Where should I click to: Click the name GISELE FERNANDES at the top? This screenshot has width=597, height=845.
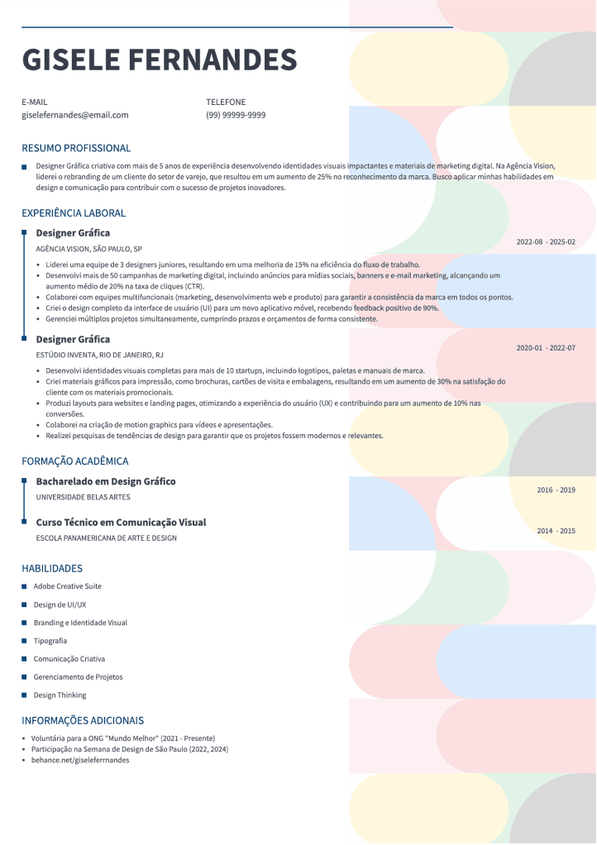(159, 60)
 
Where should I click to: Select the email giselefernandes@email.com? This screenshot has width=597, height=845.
(75, 116)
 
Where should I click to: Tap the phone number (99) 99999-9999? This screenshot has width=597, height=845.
(236, 116)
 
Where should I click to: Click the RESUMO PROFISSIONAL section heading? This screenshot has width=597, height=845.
(76, 149)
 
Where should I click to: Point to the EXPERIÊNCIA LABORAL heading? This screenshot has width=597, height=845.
(74, 213)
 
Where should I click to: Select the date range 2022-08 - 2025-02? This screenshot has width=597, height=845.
(545, 242)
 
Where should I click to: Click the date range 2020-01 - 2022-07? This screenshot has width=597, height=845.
(545, 348)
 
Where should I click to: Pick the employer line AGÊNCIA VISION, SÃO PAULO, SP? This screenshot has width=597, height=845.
(89, 249)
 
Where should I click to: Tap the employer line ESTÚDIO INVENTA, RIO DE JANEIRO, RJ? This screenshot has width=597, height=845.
(99, 355)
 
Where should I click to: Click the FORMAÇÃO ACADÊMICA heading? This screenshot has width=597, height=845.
(75, 461)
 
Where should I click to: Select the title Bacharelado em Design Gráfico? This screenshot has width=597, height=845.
(106, 481)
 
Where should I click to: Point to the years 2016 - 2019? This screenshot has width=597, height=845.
(556, 490)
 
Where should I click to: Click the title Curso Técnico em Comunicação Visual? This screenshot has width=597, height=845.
(121, 523)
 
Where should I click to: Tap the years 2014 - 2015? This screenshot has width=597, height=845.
(556, 531)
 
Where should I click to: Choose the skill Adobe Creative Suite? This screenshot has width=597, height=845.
(68, 586)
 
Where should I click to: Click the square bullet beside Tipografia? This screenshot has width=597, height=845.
(25, 641)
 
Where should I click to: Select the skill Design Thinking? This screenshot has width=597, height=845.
(60, 695)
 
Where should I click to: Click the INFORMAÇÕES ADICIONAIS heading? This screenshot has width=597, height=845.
(83, 721)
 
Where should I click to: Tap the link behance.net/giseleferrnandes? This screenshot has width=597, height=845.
(80, 760)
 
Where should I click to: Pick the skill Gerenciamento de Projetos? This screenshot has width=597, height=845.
(78, 677)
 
